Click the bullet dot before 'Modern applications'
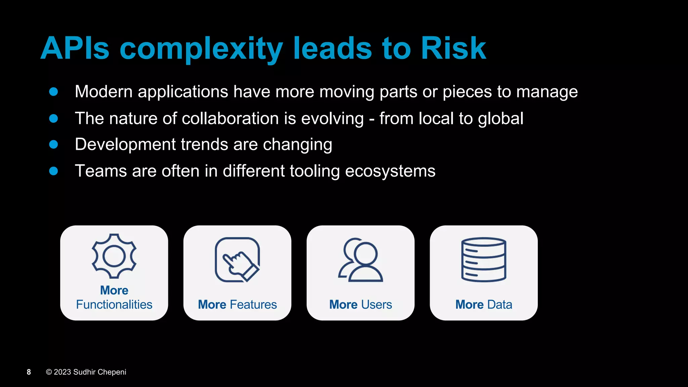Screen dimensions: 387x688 [53, 92]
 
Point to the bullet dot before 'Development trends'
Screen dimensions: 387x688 [53, 144]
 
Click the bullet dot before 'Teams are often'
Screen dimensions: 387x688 [53, 171]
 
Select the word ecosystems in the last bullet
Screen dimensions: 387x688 [390, 171]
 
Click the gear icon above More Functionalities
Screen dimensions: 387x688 [114, 256]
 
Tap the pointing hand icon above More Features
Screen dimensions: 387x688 [237, 260]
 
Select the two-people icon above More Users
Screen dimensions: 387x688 [360, 260]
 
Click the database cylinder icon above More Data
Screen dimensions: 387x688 [484, 259]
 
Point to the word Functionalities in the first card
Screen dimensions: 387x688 [114, 305]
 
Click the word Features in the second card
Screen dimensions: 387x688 [253, 305]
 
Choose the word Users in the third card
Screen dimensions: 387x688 [376, 305]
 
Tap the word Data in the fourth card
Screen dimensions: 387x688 [500, 305]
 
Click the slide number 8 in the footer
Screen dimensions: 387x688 [29, 372]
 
